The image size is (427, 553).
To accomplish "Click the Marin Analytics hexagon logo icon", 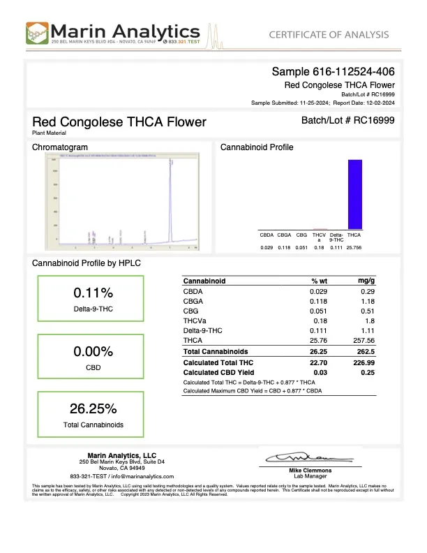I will [38, 34].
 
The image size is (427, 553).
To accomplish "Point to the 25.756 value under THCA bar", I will [354, 248].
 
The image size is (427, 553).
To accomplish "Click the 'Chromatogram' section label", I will [60, 147].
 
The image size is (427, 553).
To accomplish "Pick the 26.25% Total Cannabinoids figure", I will [93, 408].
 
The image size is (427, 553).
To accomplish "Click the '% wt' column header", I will [319, 281].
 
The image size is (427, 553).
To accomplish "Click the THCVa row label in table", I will [194, 320].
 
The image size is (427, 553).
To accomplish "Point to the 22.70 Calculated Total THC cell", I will [319, 363].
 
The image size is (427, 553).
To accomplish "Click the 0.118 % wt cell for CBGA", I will [319, 300].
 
